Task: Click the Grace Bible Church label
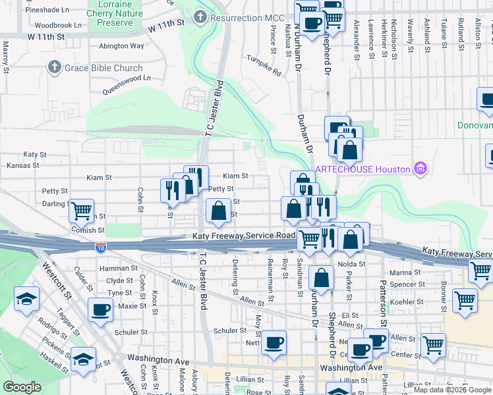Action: tap(103, 68)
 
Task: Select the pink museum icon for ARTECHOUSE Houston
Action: tap(420, 169)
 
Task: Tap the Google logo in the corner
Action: tap(22, 387)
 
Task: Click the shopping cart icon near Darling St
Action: tap(81, 211)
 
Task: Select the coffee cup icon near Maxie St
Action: tap(100, 309)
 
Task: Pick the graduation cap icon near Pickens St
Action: tap(83, 359)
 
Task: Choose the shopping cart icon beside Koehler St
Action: tap(465, 300)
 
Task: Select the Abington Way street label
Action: tap(121, 46)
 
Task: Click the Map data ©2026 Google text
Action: tap(452, 390)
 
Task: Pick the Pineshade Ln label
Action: tap(47, 11)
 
